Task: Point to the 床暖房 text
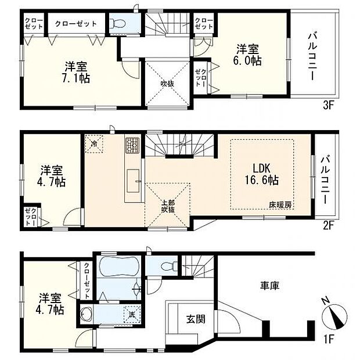280,205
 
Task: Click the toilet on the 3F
119,24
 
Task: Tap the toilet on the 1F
166,267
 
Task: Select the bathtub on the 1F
118,268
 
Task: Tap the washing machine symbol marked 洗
133,315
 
